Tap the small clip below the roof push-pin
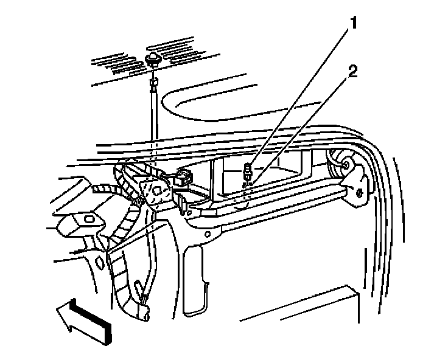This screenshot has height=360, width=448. click(153, 81)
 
